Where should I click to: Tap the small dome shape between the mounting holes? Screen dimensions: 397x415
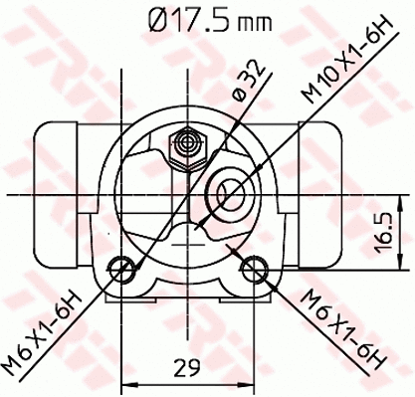point(188,235)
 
